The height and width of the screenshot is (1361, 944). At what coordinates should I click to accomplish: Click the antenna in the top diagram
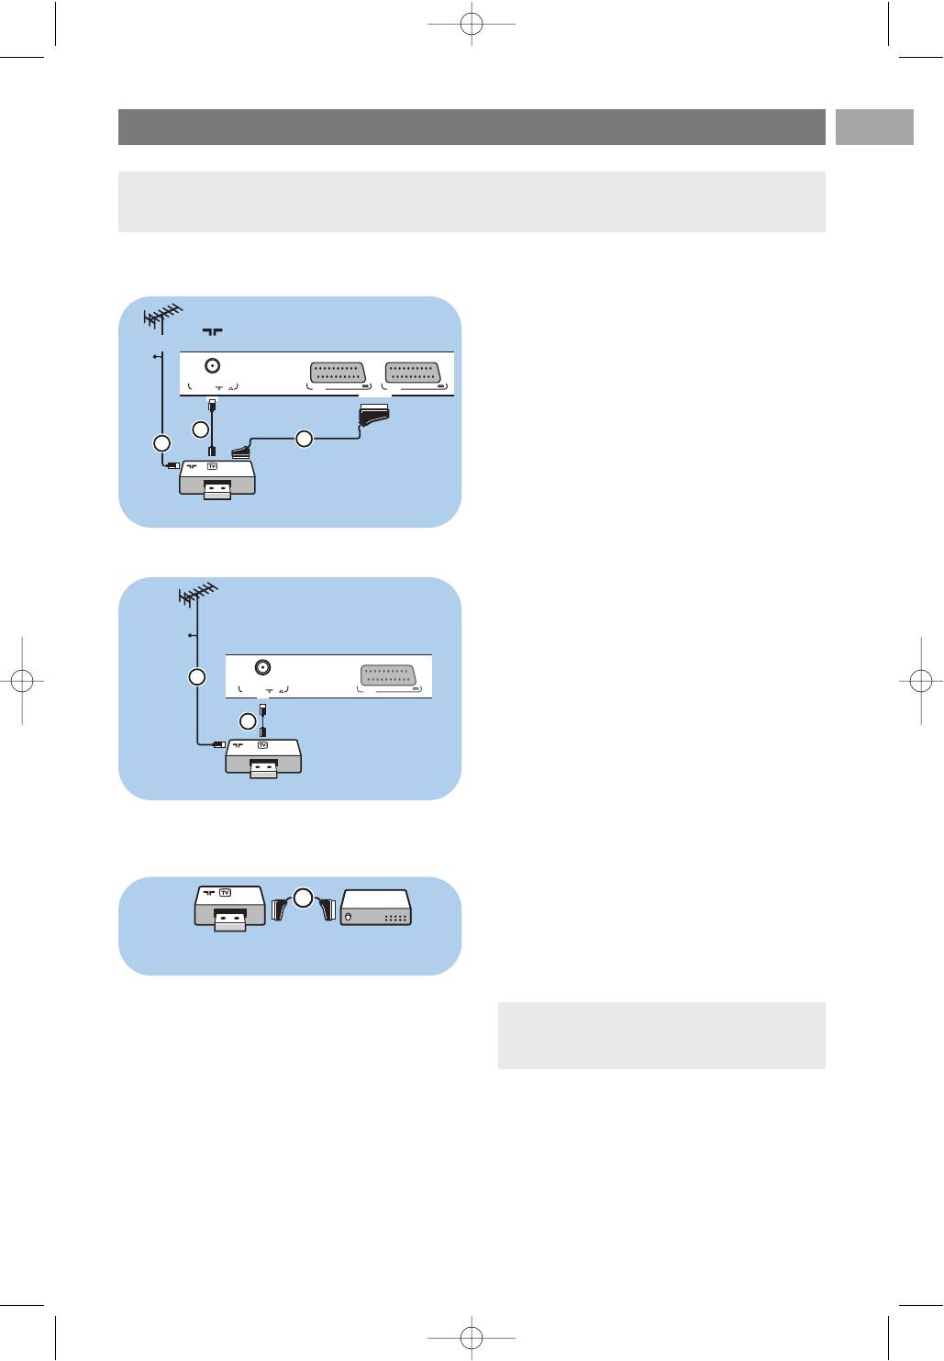click(x=162, y=318)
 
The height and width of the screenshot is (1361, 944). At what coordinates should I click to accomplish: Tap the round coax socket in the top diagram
click(x=212, y=366)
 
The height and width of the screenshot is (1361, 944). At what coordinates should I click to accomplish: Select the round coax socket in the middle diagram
click(x=261, y=667)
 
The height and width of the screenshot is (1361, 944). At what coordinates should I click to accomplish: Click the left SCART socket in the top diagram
click(x=338, y=373)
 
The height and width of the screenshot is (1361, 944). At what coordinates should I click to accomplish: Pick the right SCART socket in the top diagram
click(x=413, y=373)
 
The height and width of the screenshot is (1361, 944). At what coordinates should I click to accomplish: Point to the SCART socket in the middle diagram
click(x=387, y=675)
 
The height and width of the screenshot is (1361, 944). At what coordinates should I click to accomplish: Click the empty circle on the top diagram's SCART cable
click(x=304, y=438)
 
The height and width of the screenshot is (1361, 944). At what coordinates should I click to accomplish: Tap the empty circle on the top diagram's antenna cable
click(x=161, y=443)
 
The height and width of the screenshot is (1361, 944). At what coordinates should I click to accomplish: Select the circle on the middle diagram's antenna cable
click(x=197, y=677)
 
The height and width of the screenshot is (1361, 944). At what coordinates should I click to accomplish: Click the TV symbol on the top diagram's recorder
click(x=212, y=466)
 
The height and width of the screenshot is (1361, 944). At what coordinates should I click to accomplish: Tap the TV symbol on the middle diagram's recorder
click(x=262, y=745)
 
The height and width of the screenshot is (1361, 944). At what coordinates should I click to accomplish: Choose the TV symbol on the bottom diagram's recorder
click(x=225, y=893)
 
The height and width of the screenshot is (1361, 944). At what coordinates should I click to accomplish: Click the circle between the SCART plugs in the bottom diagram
click(x=303, y=898)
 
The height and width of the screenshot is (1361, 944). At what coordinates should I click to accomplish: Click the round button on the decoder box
click(x=348, y=916)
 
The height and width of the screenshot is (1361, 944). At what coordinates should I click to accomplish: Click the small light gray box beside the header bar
click(x=874, y=127)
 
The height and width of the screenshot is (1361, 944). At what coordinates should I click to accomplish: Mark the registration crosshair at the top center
click(x=472, y=24)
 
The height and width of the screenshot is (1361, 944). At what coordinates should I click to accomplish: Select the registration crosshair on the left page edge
click(x=22, y=681)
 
